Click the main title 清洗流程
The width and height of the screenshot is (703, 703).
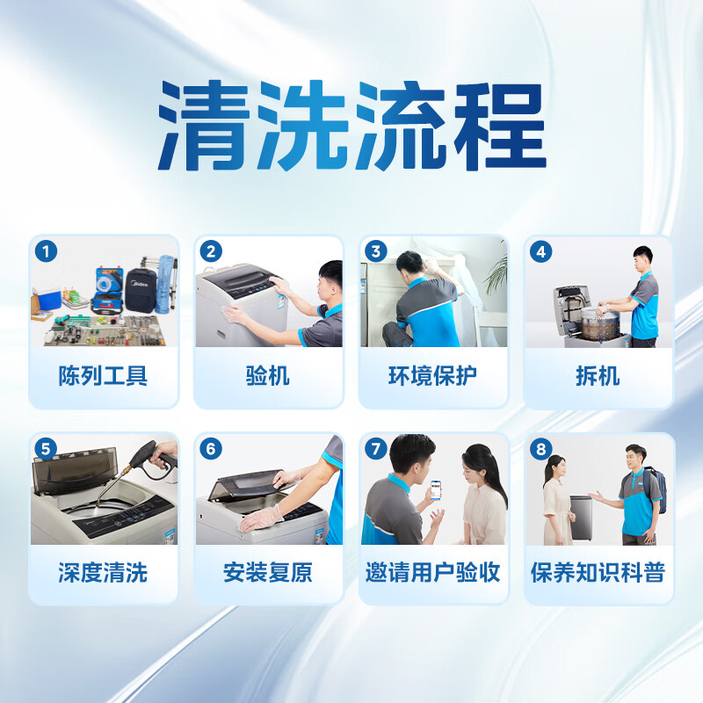(x=352, y=126)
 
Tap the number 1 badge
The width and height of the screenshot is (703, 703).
(x=46, y=251)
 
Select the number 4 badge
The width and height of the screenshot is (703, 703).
(x=540, y=251)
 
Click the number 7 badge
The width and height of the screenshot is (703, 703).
(x=376, y=449)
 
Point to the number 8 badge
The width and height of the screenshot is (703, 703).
(x=540, y=449)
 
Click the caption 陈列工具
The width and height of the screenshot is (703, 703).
(x=103, y=376)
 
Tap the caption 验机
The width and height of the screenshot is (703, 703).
(x=268, y=376)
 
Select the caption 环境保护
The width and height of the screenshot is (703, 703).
(x=433, y=376)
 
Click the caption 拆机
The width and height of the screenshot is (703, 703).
(x=598, y=376)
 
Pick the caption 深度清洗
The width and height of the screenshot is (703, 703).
(x=103, y=573)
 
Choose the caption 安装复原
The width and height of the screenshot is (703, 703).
(x=268, y=573)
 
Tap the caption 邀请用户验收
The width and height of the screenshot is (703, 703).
(x=433, y=573)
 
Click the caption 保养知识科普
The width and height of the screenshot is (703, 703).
(x=598, y=573)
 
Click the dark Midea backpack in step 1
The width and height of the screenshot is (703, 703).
(x=141, y=290)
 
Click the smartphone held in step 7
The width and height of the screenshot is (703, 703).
(x=435, y=490)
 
